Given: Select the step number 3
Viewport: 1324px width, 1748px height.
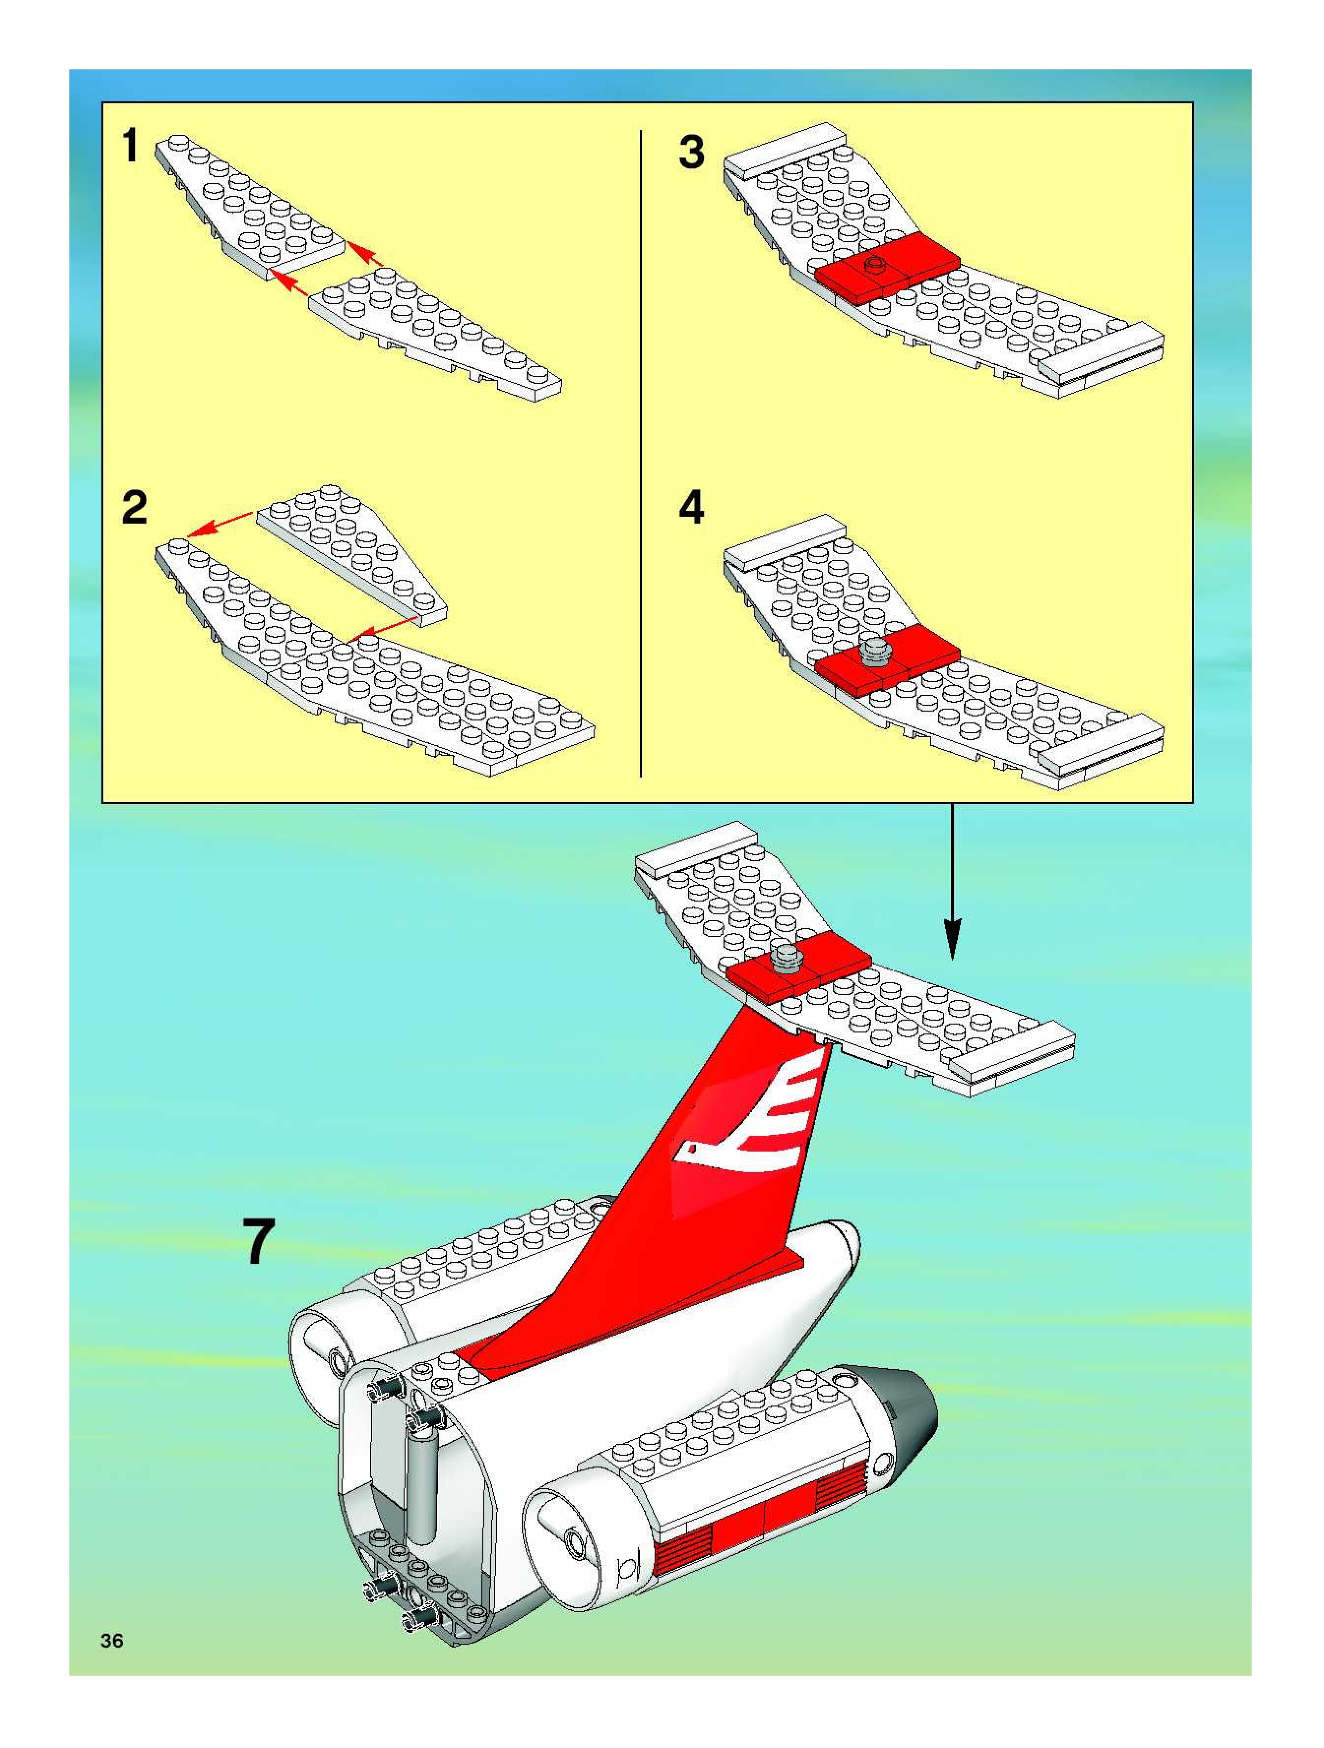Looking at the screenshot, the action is (692, 151).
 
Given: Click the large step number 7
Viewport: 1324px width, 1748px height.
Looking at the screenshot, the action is (258, 1242).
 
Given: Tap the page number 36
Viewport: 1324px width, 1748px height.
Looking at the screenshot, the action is (112, 1641).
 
